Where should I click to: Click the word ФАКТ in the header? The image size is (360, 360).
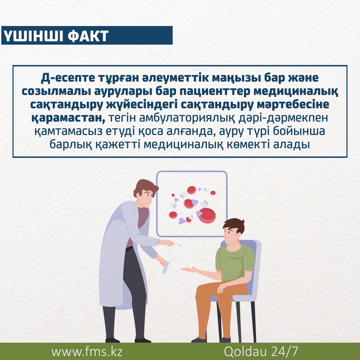pos(88,36)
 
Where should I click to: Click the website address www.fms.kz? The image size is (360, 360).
pos(87,352)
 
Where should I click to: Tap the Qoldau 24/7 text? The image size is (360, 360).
pos(261,352)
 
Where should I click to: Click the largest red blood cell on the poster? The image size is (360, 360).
pos(207,215)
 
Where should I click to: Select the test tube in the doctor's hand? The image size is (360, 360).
pos(166,267)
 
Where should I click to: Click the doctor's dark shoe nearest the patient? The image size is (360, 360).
pos(143,340)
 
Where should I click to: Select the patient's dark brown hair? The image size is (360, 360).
pos(234,225)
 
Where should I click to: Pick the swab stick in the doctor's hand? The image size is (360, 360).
pos(177,244)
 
